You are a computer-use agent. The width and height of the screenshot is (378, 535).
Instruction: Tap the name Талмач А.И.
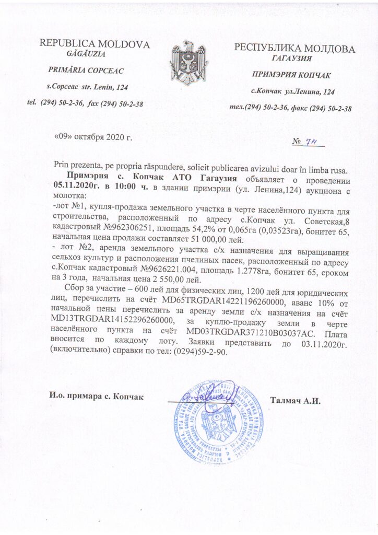(295, 401)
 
